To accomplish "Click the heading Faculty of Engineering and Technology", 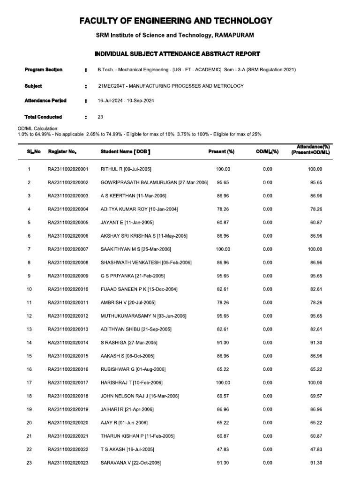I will click(x=175, y=21).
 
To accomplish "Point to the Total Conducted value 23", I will click(x=100, y=117).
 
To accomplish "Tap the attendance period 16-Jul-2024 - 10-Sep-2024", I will click(x=126, y=101).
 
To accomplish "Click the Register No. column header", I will click(x=62, y=152).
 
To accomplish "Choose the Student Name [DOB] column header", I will click(x=126, y=152).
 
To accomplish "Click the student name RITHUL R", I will click(x=111, y=169).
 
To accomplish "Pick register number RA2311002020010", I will click(x=68, y=290).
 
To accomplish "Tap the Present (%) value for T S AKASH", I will click(x=223, y=450).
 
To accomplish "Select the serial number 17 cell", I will click(x=29, y=383).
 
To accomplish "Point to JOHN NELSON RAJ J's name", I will click(x=123, y=396).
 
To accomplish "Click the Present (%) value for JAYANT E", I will click(x=223, y=223).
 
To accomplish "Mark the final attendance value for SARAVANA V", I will click(x=315, y=463).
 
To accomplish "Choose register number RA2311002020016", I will click(x=68, y=369).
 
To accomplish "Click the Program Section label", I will click(x=43, y=70).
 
